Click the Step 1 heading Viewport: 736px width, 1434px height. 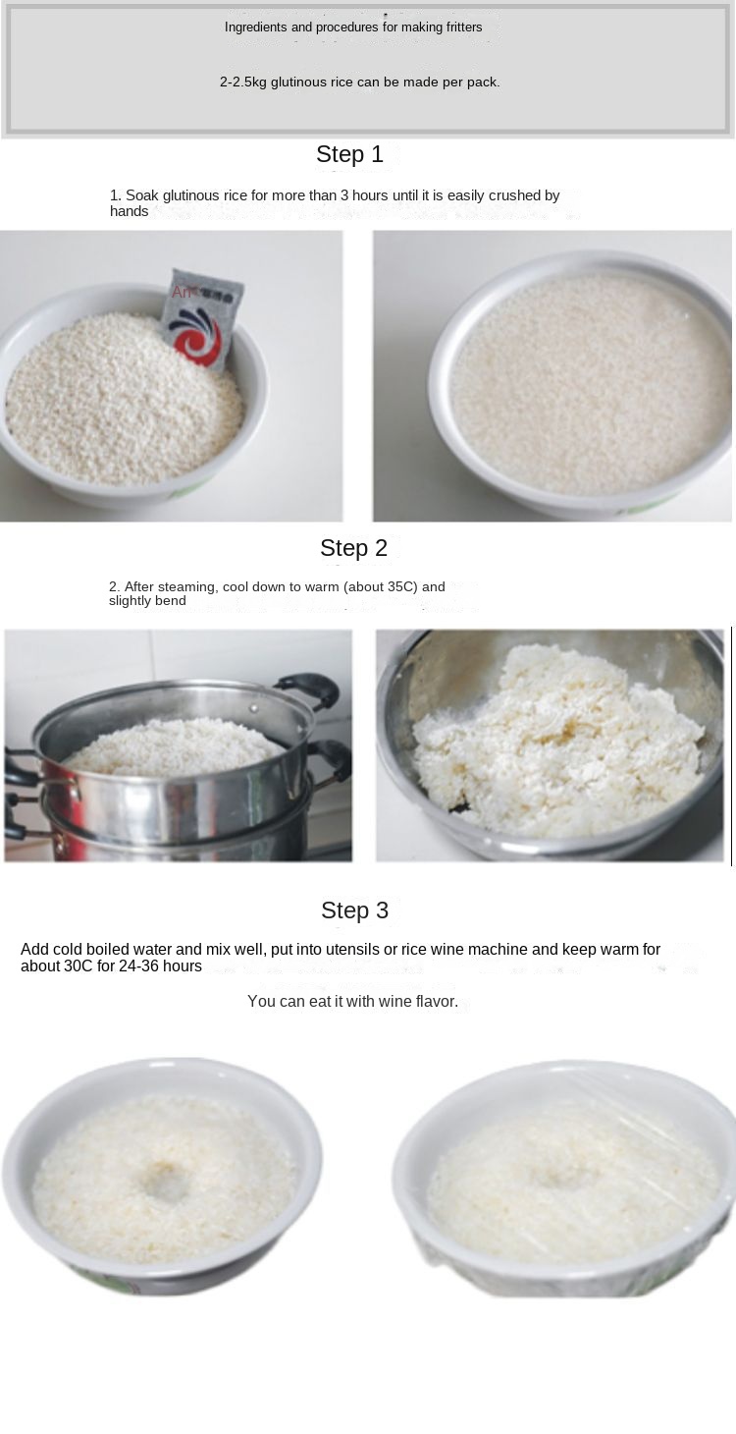(x=349, y=154)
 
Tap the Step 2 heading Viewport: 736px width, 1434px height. (x=353, y=548)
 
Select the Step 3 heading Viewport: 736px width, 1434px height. (x=355, y=910)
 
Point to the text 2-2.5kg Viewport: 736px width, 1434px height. (x=243, y=83)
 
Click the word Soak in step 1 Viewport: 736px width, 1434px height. (x=140, y=195)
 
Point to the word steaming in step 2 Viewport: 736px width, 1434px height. (x=188, y=587)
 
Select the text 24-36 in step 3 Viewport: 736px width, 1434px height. (x=138, y=966)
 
